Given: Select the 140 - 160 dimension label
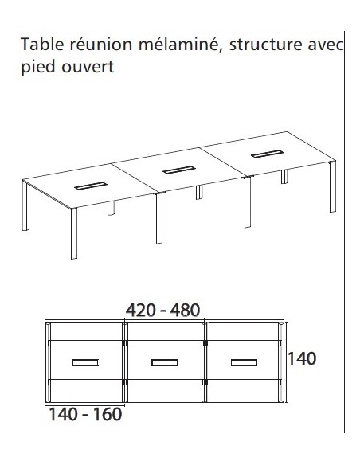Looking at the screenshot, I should click(86, 415).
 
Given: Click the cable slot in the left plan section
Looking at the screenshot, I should click(84, 364).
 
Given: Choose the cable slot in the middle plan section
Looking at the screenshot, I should click(164, 364).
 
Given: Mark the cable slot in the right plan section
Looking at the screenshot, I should click(244, 364).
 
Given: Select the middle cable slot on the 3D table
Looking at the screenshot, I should click(179, 169).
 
